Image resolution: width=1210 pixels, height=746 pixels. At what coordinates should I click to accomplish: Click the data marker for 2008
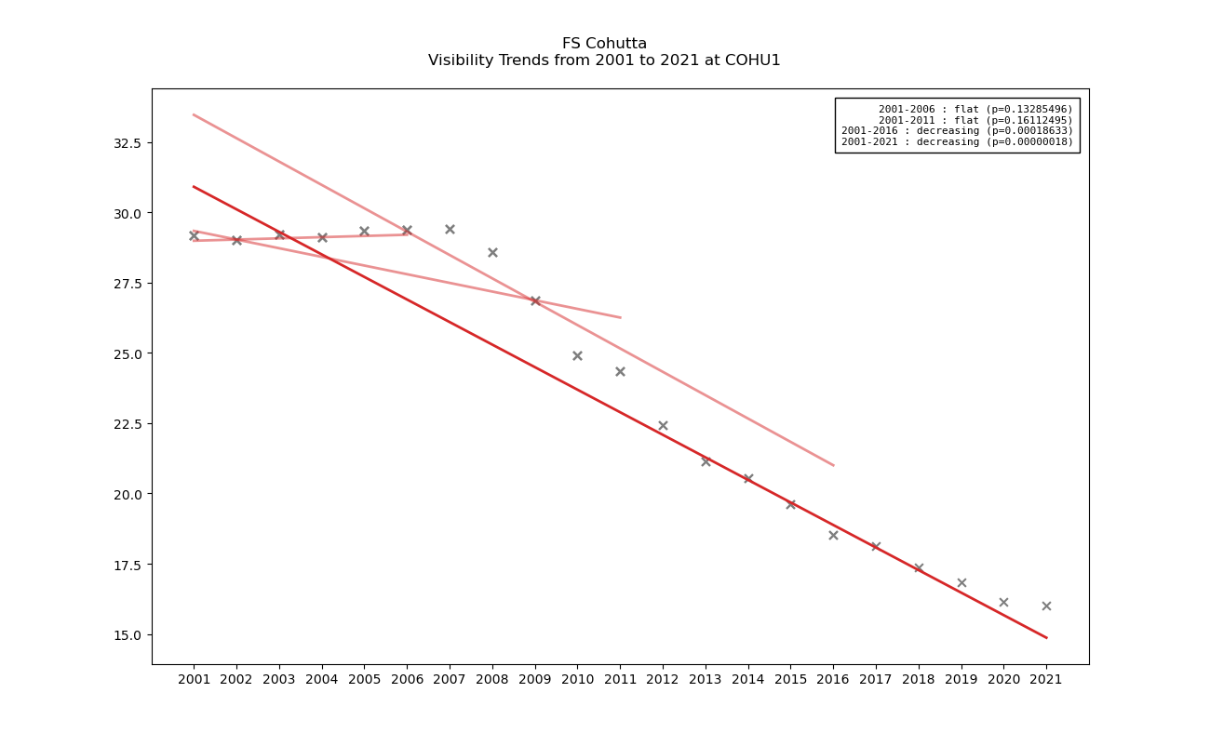point(492,252)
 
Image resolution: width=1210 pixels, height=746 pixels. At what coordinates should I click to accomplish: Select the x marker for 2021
point(1046,606)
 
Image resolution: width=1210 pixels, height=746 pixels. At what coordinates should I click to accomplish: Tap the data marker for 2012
point(663,425)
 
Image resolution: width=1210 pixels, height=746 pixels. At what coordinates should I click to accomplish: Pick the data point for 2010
point(577,355)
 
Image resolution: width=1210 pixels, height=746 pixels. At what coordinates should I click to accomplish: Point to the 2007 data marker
point(450,229)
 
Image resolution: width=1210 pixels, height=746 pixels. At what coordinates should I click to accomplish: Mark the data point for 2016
point(833,535)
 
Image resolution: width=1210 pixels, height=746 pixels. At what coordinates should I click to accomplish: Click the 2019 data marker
point(961,582)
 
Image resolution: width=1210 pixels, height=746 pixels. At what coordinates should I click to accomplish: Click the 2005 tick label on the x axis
point(364,680)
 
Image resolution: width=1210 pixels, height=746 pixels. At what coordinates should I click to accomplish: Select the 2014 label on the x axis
point(747,680)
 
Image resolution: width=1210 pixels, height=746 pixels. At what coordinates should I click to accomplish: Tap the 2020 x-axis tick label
point(1003,680)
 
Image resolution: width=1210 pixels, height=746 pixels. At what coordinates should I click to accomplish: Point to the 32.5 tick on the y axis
point(123,143)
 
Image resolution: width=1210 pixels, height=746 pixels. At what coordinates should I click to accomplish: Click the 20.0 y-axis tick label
point(123,494)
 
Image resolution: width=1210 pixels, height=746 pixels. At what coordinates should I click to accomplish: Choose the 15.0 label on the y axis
point(123,634)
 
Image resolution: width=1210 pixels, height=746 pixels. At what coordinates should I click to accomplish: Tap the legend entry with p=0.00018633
point(957,131)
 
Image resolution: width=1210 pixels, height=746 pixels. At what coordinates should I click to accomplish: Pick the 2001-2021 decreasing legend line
point(957,141)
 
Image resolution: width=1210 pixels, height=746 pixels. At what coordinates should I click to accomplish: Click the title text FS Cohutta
point(604,44)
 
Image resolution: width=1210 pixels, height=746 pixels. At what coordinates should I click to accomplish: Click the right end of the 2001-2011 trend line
point(620,317)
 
